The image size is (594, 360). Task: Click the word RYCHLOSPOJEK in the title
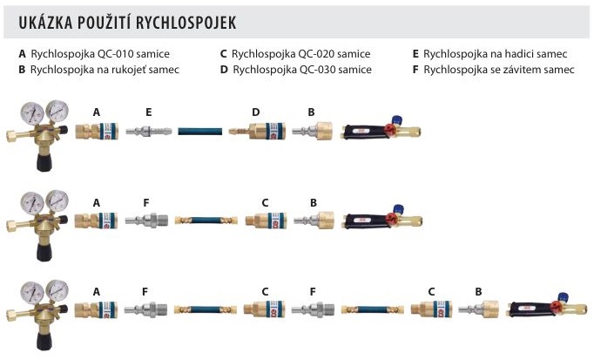(186, 23)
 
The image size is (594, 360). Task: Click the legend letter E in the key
(415, 54)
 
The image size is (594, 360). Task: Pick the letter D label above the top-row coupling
(256, 112)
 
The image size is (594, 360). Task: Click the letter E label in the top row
(148, 112)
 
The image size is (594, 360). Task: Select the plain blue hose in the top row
(200, 132)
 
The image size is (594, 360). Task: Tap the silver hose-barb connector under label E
(149, 132)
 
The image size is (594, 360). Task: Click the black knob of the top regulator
(44, 162)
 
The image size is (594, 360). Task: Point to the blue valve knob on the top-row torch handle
(397, 119)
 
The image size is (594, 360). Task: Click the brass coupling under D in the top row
(257, 131)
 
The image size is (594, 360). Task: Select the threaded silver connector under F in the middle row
(146, 221)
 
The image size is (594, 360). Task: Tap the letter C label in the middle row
(265, 203)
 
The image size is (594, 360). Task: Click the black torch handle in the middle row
(365, 221)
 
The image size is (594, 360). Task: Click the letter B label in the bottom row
(478, 292)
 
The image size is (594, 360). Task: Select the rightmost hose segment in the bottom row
(367, 309)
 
